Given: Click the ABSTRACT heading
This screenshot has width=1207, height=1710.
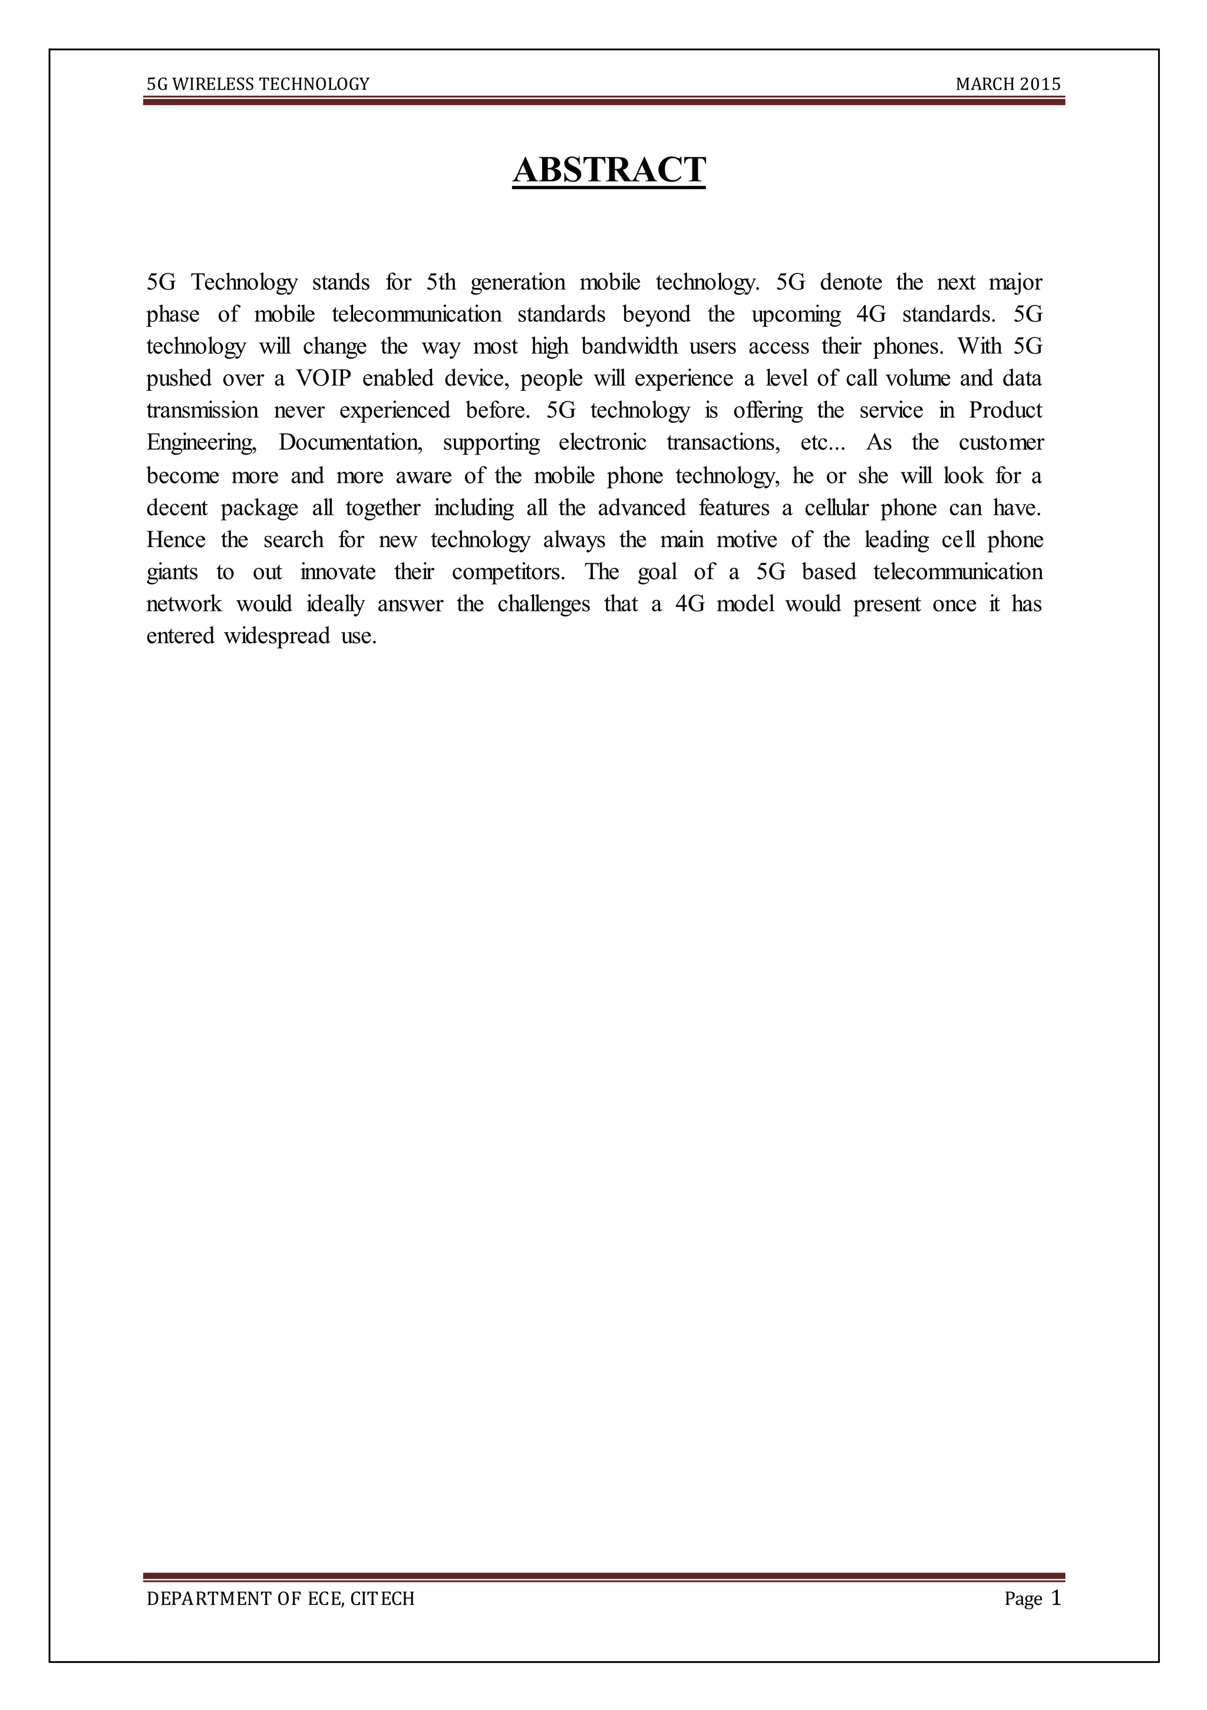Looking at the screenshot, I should tap(609, 170).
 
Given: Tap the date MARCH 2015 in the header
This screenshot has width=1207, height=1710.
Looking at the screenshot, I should tap(1008, 84).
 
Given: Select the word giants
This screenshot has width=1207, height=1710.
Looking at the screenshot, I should tap(172, 573).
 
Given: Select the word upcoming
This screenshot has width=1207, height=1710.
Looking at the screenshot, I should tap(796, 315).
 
